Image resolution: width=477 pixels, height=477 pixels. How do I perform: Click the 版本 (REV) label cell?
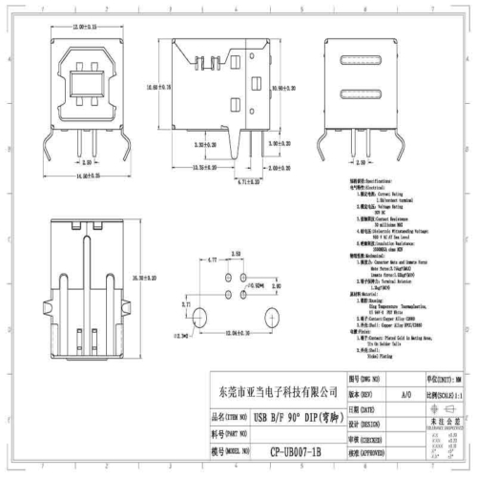(360, 392)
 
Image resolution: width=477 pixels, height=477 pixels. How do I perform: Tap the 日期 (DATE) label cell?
(360, 408)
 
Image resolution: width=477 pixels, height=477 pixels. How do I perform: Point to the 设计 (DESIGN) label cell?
(360, 424)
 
